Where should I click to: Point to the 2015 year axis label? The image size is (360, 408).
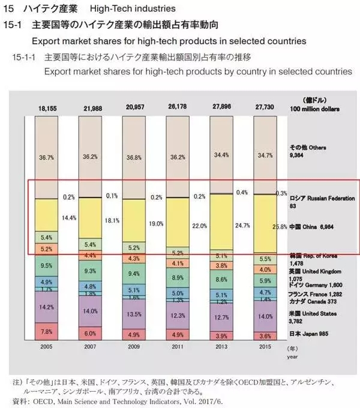point(265,347)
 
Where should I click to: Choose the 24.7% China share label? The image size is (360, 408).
point(243,226)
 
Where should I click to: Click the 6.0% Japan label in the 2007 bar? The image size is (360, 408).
point(89,334)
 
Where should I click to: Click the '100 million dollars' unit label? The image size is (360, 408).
point(314,109)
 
